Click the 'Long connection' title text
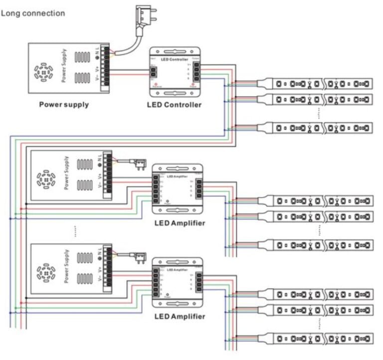click(x=33, y=13)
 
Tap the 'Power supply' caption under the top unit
click(x=64, y=105)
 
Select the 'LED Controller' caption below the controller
click(x=174, y=105)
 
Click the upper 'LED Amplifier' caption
click(x=179, y=223)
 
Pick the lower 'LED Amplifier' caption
click(x=179, y=316)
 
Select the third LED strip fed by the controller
click(x=321, y=128)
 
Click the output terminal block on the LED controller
click(x=197, y=71)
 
